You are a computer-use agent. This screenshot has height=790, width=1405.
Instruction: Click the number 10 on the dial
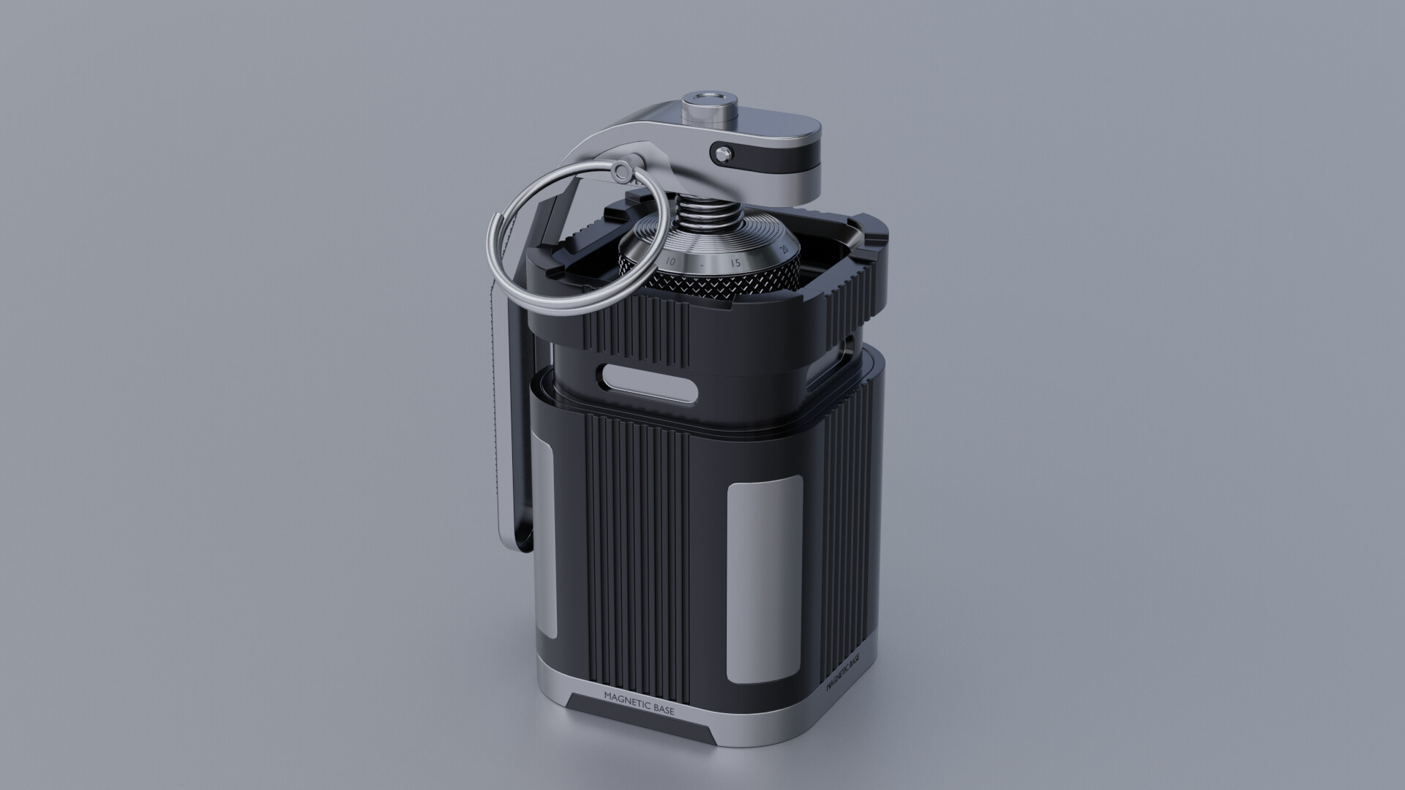tap(670, 261)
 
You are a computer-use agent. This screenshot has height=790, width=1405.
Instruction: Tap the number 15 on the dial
tap(735, 263)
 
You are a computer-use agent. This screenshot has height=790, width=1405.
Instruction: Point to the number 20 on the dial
tap(784, 250)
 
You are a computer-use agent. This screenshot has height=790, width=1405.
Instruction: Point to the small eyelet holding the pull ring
tap(622, 172)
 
